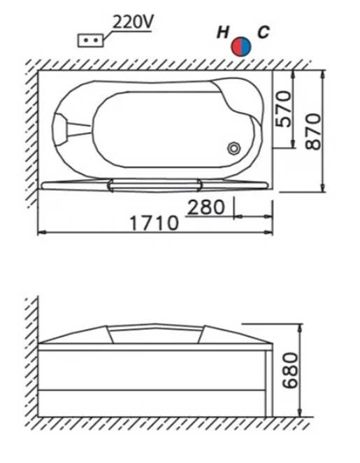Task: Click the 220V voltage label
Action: click(x=133, y=22)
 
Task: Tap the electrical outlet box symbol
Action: click(x=91, y=41)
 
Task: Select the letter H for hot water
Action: click(x=223, y=32)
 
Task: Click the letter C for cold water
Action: click(x=264, y=32)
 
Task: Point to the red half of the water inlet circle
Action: click(x=237, y=47)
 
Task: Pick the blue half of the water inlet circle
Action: click(x=246, y=47)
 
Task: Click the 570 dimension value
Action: click(x=283, y=108)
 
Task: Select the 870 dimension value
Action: click(x=312, y=131)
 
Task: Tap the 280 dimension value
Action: click(x=206, y=207)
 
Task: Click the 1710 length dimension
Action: click(x=154, y=223)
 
